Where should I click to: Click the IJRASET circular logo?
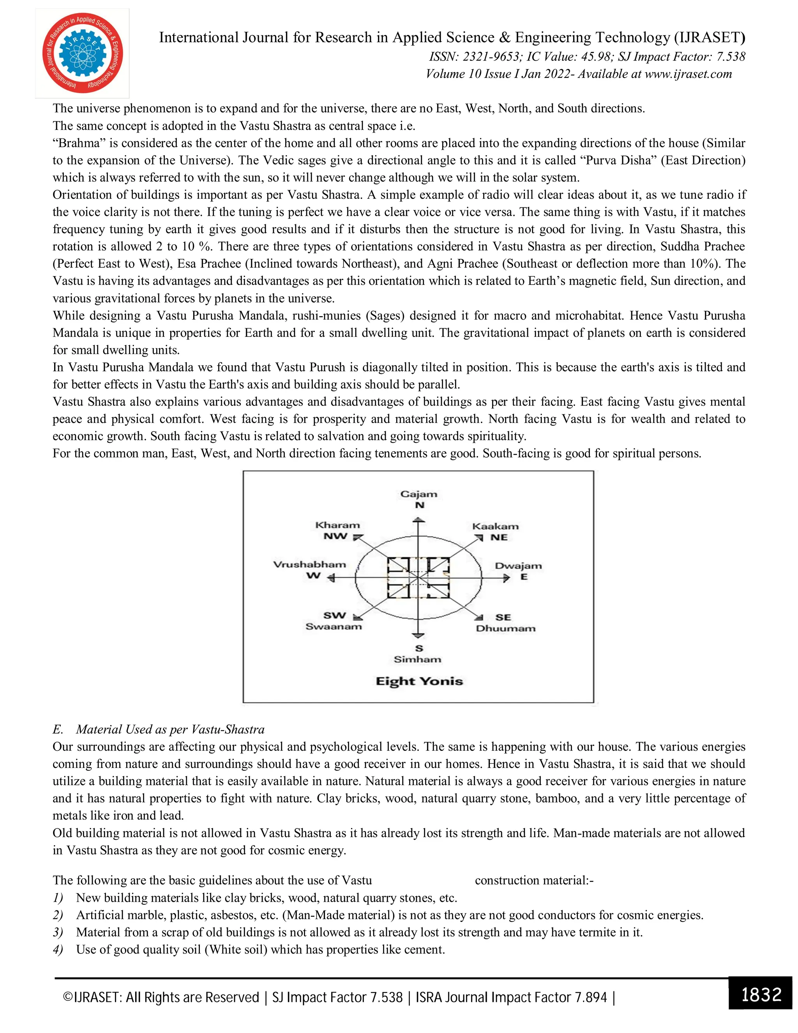tap(82, 53)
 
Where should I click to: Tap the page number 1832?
tap(761, 994)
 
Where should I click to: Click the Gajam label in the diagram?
tap(418, 494)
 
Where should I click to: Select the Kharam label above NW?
tap(337, 525)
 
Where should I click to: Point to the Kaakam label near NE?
tap(496, 526)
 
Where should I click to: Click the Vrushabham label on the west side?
tap(310, 564)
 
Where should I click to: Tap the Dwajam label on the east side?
tap(518, 566)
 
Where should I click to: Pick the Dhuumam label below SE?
tap(505, 629)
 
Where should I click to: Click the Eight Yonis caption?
tap(419, 681)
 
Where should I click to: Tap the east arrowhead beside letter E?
tap(507, 578)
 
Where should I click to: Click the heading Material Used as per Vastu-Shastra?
tap(170, 729)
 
